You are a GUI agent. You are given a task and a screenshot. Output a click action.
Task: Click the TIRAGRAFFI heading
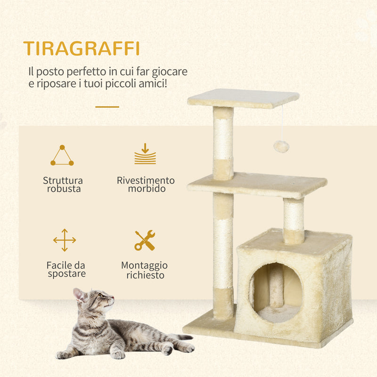click(x=81, y=49)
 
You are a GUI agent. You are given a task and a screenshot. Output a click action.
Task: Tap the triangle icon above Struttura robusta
click(x=62, y=156)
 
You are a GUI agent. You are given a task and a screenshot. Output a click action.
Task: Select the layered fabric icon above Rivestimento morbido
click(x=145, y=155)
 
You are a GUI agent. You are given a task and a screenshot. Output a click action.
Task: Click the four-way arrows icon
click(x=65, y=240)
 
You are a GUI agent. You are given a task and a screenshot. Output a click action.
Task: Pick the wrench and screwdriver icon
click(x=145, y=240)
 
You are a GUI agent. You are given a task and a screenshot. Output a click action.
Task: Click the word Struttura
click(x=63, y=180)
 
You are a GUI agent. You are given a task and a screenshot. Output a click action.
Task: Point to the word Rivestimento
click(x=146, y=180)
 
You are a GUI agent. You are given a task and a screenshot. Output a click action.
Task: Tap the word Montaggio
click(x=144, y=266)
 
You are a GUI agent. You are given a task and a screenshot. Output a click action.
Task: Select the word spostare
click(x=66, y=274)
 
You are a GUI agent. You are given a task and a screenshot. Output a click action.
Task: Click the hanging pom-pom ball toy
click(x=281, y=147)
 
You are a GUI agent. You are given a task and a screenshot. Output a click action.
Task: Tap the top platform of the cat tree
click(x=243, y=98)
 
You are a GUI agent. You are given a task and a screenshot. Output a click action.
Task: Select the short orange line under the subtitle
click(x=107, y=107)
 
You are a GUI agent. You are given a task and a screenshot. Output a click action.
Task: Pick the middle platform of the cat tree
click(x=257, y=184)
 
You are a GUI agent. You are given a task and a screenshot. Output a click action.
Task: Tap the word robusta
click(x=64, y=189)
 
